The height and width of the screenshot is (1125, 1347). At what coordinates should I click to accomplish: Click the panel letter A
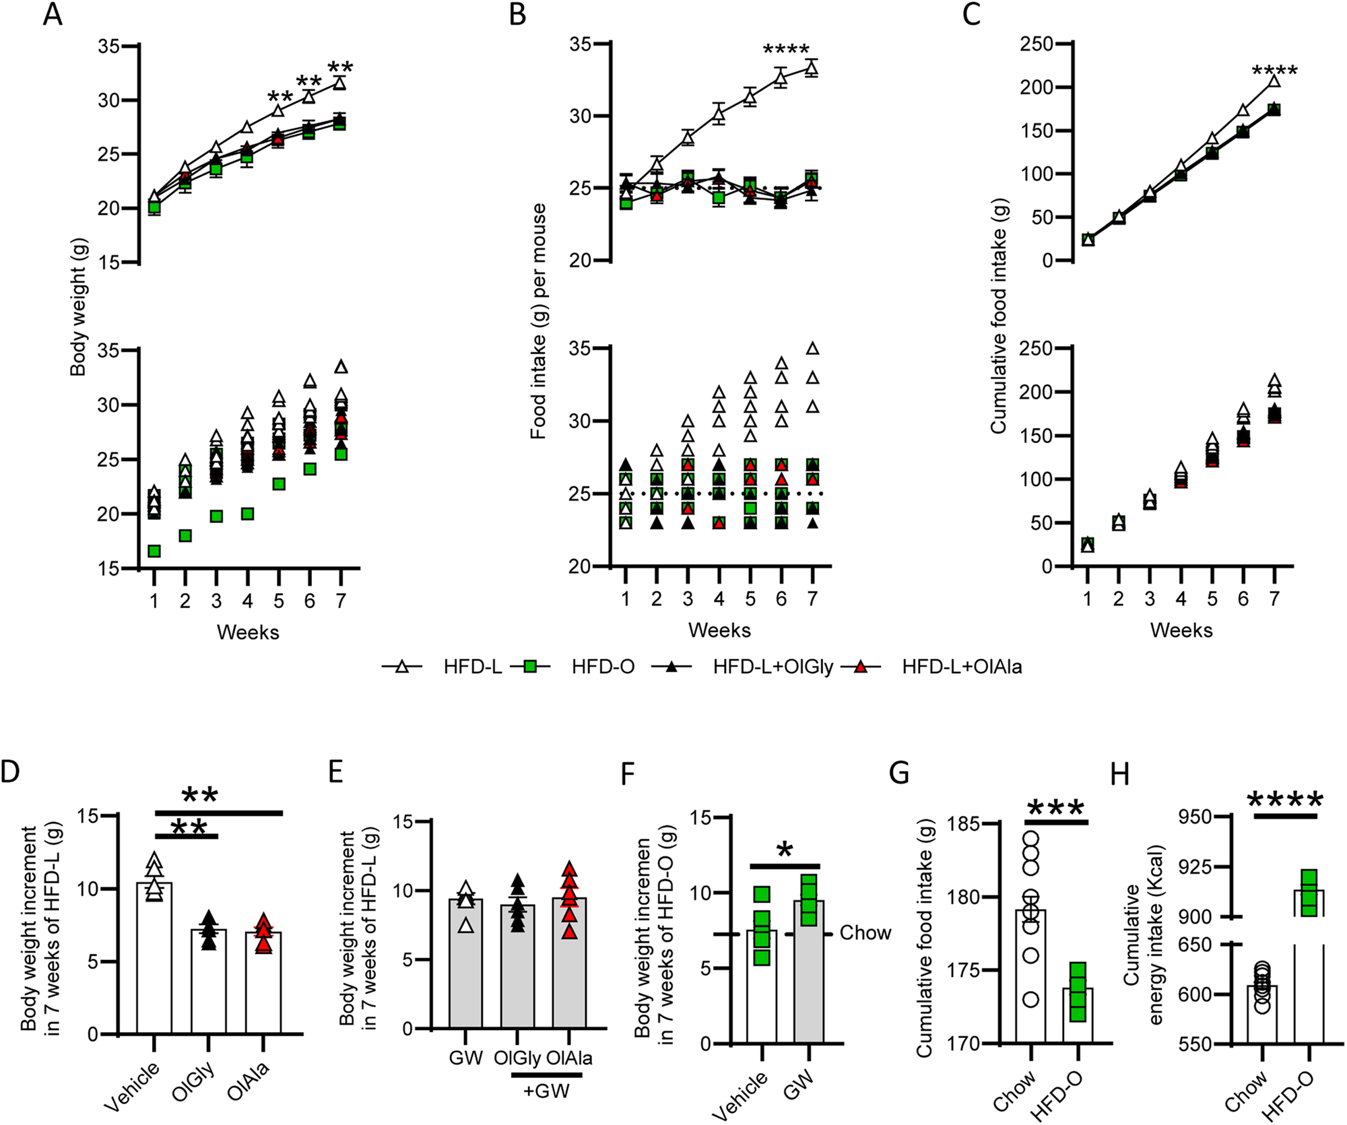point(52,14)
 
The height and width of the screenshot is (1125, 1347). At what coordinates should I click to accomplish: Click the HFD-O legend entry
point(602,667)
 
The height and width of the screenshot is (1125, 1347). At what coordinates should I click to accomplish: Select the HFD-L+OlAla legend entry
point(961,667)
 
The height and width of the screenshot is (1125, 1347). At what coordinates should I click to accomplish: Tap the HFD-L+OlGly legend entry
point(773,667)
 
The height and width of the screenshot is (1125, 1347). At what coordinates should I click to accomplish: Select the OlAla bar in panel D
point(263,984)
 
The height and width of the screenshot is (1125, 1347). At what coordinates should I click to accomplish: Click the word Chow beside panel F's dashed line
point(865,933)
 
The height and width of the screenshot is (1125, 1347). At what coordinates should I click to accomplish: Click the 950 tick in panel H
point(1195,817)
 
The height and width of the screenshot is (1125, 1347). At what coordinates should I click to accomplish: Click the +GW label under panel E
point(546,1091)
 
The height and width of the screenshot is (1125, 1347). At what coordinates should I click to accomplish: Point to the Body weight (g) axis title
point(79,307)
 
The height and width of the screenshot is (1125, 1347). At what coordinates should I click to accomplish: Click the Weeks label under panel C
point(1181,630)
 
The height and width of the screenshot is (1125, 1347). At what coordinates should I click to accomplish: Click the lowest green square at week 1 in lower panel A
point(154,551)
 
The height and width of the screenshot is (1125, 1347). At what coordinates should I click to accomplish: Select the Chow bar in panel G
point(1030,976)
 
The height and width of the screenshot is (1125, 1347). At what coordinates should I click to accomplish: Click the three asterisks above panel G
point(1055,808)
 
